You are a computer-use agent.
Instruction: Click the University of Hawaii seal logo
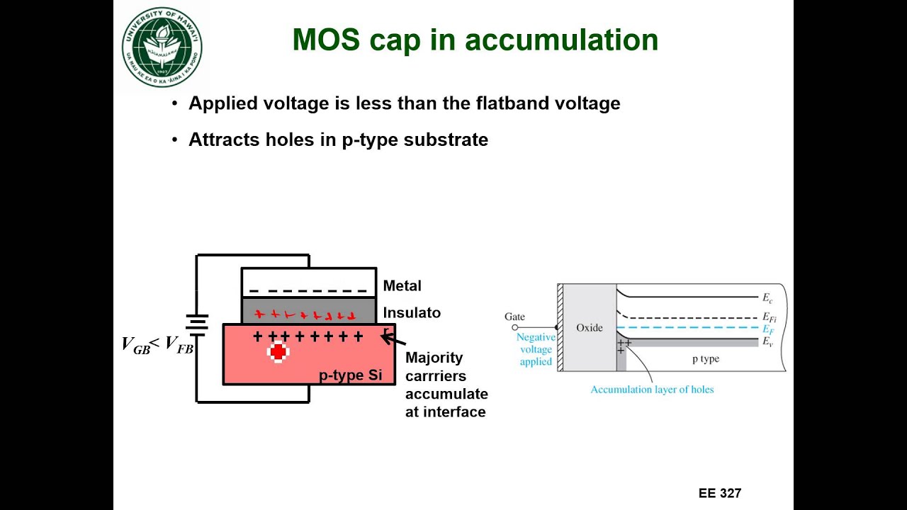(162, 47)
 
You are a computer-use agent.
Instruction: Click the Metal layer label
(402, 286)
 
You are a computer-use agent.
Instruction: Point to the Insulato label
(412, 312)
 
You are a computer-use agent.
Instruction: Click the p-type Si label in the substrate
(350, 375)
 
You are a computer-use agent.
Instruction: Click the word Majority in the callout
(434, 358)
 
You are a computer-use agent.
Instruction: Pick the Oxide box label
(589, 328)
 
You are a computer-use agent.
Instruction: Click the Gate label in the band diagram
(514, 317)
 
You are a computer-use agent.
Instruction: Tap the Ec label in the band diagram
(767, 298)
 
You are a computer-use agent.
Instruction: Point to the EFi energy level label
(769, 318)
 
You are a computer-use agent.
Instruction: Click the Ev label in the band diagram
(767, 341)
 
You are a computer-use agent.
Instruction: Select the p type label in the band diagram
(705, 359)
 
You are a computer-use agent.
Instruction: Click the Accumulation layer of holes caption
(652, 390)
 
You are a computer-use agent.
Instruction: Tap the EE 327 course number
(720, 494)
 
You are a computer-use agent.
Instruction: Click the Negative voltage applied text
(536, 349)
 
